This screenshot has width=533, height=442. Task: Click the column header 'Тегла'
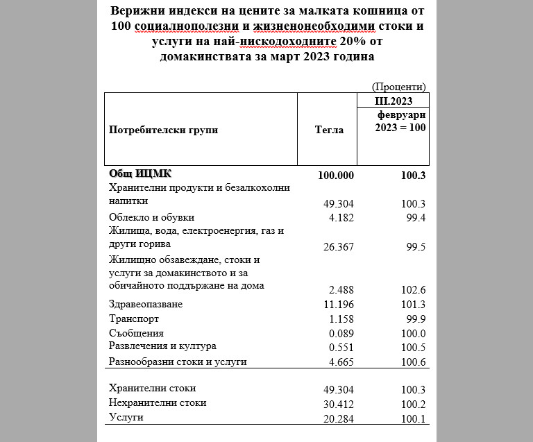click(328, 129)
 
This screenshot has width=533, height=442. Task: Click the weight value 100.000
click(336, 175)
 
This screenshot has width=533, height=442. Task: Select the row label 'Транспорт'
click(134, 319)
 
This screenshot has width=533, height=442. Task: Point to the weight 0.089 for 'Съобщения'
click(341, 334)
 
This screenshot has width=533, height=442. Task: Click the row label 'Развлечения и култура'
click(162, 346)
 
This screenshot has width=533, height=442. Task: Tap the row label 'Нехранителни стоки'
click(158, 402)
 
